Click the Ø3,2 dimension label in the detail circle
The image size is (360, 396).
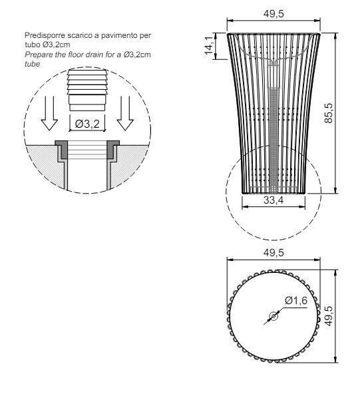click(x=87, y=124)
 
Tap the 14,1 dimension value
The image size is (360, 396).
click(x=209, y=45)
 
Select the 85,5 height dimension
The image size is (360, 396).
click(x=329, y=113)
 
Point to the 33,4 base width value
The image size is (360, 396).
click(x=273, y=200)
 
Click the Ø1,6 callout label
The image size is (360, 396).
click(x=296, y=301)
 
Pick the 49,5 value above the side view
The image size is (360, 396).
click(x=273, y=13)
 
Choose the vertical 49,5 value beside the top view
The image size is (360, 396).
click(x=329, y=316)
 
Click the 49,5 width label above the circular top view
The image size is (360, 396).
click(x=273, y=252)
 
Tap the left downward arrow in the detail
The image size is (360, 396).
click(x=49, y=113)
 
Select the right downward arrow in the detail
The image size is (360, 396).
click(x=125, y=113)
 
